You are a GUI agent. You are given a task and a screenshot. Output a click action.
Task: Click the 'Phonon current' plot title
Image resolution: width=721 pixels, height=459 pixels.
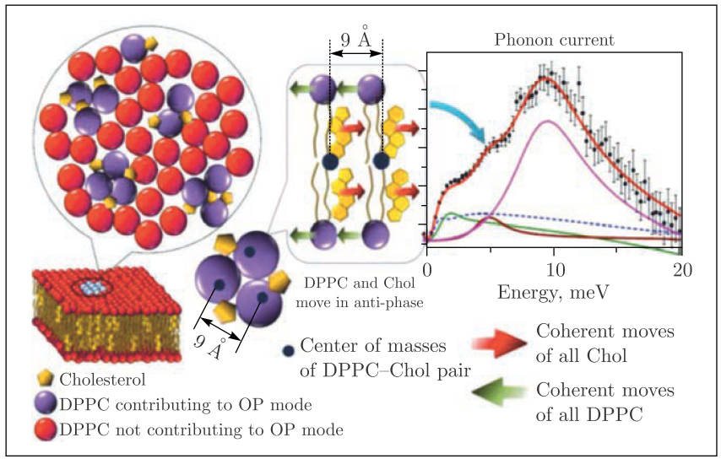(554, 40)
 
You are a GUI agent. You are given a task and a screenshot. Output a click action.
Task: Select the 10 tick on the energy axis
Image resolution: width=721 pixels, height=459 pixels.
(555, 270)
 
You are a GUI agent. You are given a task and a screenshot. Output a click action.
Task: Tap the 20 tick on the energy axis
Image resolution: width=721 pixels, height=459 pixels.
(681, 270)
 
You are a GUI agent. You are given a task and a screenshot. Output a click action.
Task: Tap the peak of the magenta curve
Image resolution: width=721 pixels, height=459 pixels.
(550, 121)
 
